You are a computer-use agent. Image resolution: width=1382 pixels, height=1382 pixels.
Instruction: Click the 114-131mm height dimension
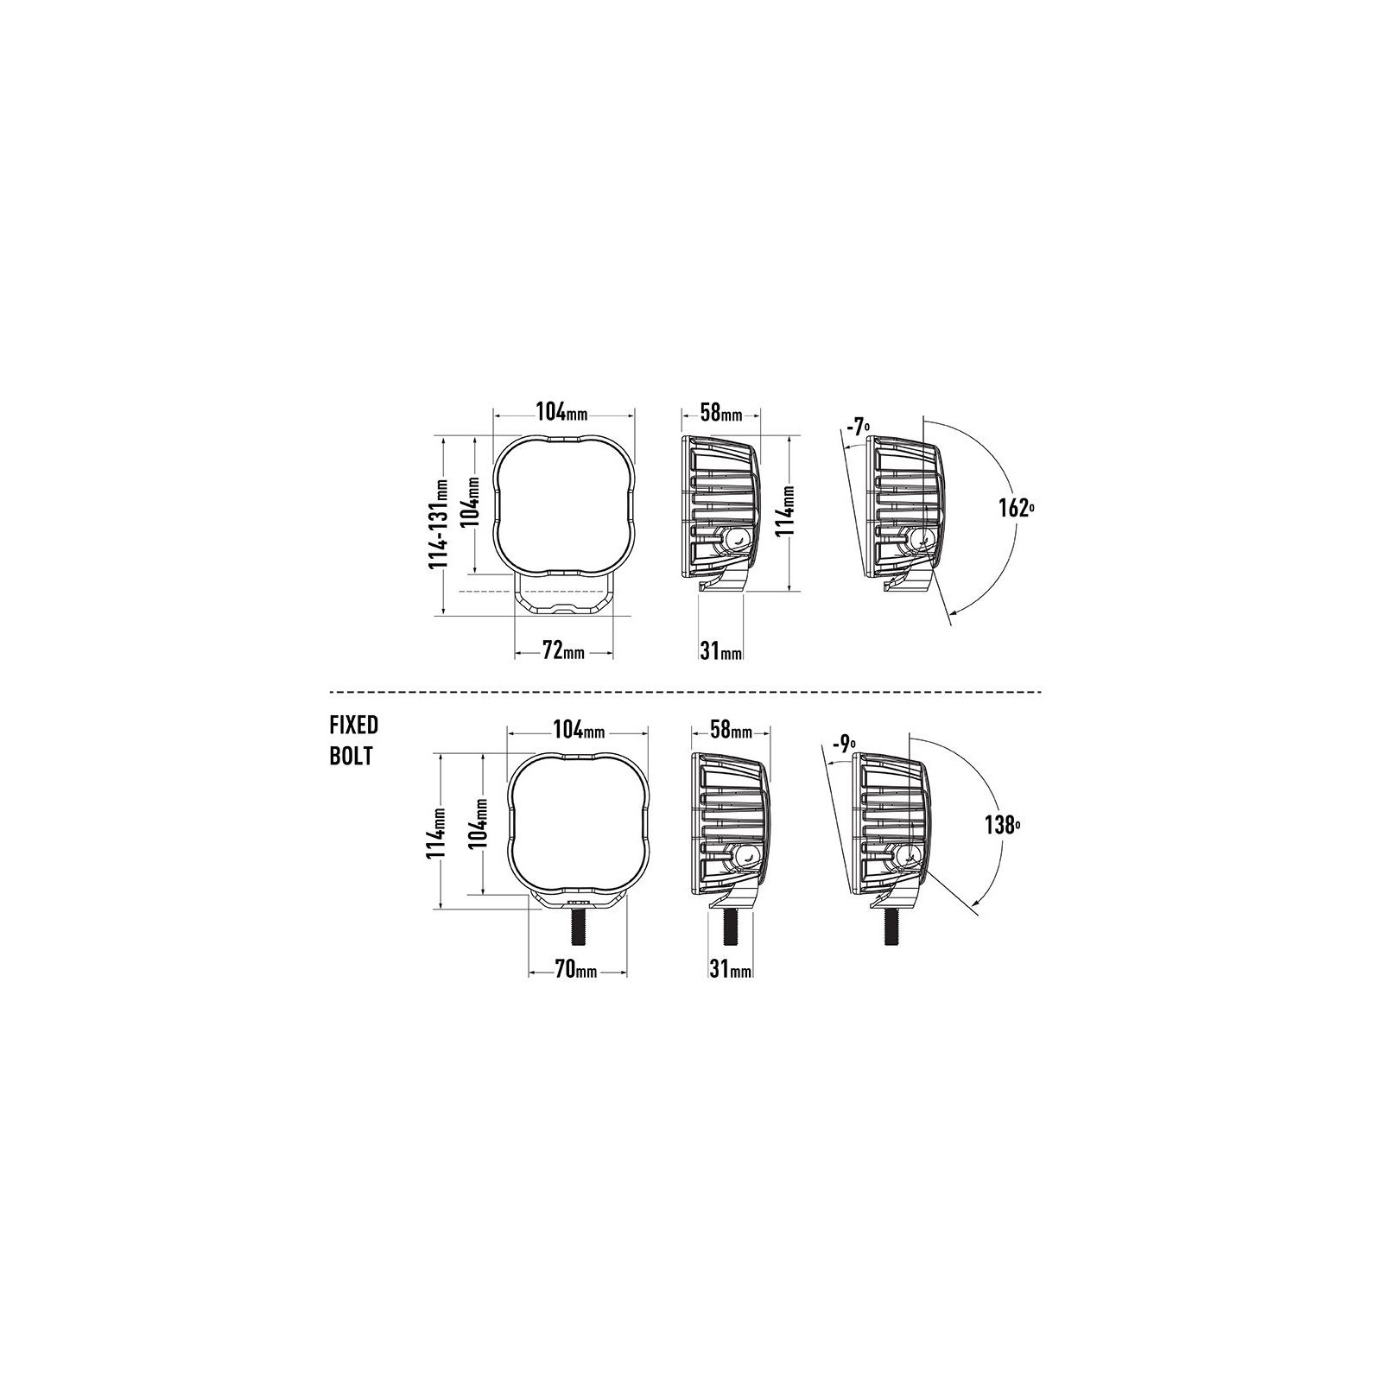tap(441, 524)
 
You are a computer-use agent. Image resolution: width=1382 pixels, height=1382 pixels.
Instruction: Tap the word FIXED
tap(354, 724)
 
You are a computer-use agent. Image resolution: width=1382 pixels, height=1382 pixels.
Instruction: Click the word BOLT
tap(351, 756)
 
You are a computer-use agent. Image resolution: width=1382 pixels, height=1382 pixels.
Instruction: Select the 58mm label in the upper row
tap(721, 412)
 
